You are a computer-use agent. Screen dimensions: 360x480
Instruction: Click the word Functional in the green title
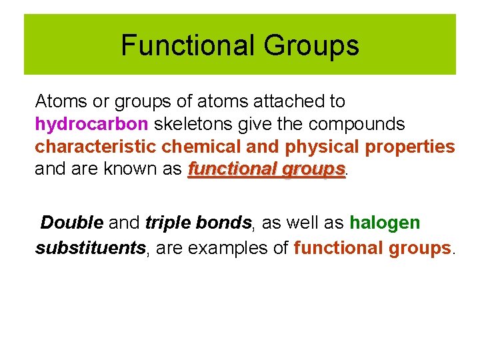(187, 46)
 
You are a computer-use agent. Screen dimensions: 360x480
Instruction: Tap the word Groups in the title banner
(311, 46)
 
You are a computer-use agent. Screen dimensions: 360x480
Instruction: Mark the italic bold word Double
(72, 222)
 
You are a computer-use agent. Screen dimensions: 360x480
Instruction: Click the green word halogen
(385, 222)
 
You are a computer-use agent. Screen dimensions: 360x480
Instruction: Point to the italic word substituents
(90, 248)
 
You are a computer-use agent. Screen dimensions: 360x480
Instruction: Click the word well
(304, 222)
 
